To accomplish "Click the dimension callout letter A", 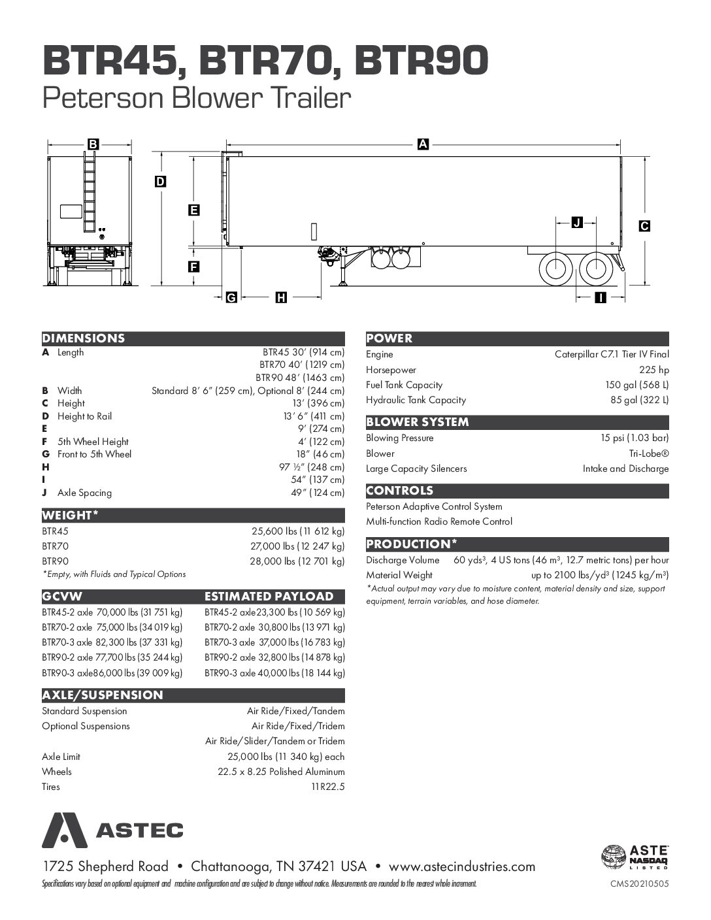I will pyautogui.click(x=422, y=145).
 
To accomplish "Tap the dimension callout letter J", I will pyautogui.click(x=576, y=223).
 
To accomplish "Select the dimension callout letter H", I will pyautogui.click(x=281, y=298).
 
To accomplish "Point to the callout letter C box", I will pyautogui.click(x=644, y=226).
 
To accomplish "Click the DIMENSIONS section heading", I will pyautogui.click(x=84, y=338).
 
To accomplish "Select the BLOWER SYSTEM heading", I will pyautogui.click(x=418, y=422).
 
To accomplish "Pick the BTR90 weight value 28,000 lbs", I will pyautogui.click(x=297, y=561).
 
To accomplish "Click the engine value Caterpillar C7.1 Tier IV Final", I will pyautogui.click(x=612, y=354).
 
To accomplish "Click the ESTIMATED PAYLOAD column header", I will pyautogui.click(x=269, y=597).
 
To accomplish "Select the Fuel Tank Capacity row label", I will pyautogui.click(x=404, y=385).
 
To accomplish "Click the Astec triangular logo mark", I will pyautogui.click(x=65, y=830).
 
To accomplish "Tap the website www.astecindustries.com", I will pyautogui.click(x=462, y=867).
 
